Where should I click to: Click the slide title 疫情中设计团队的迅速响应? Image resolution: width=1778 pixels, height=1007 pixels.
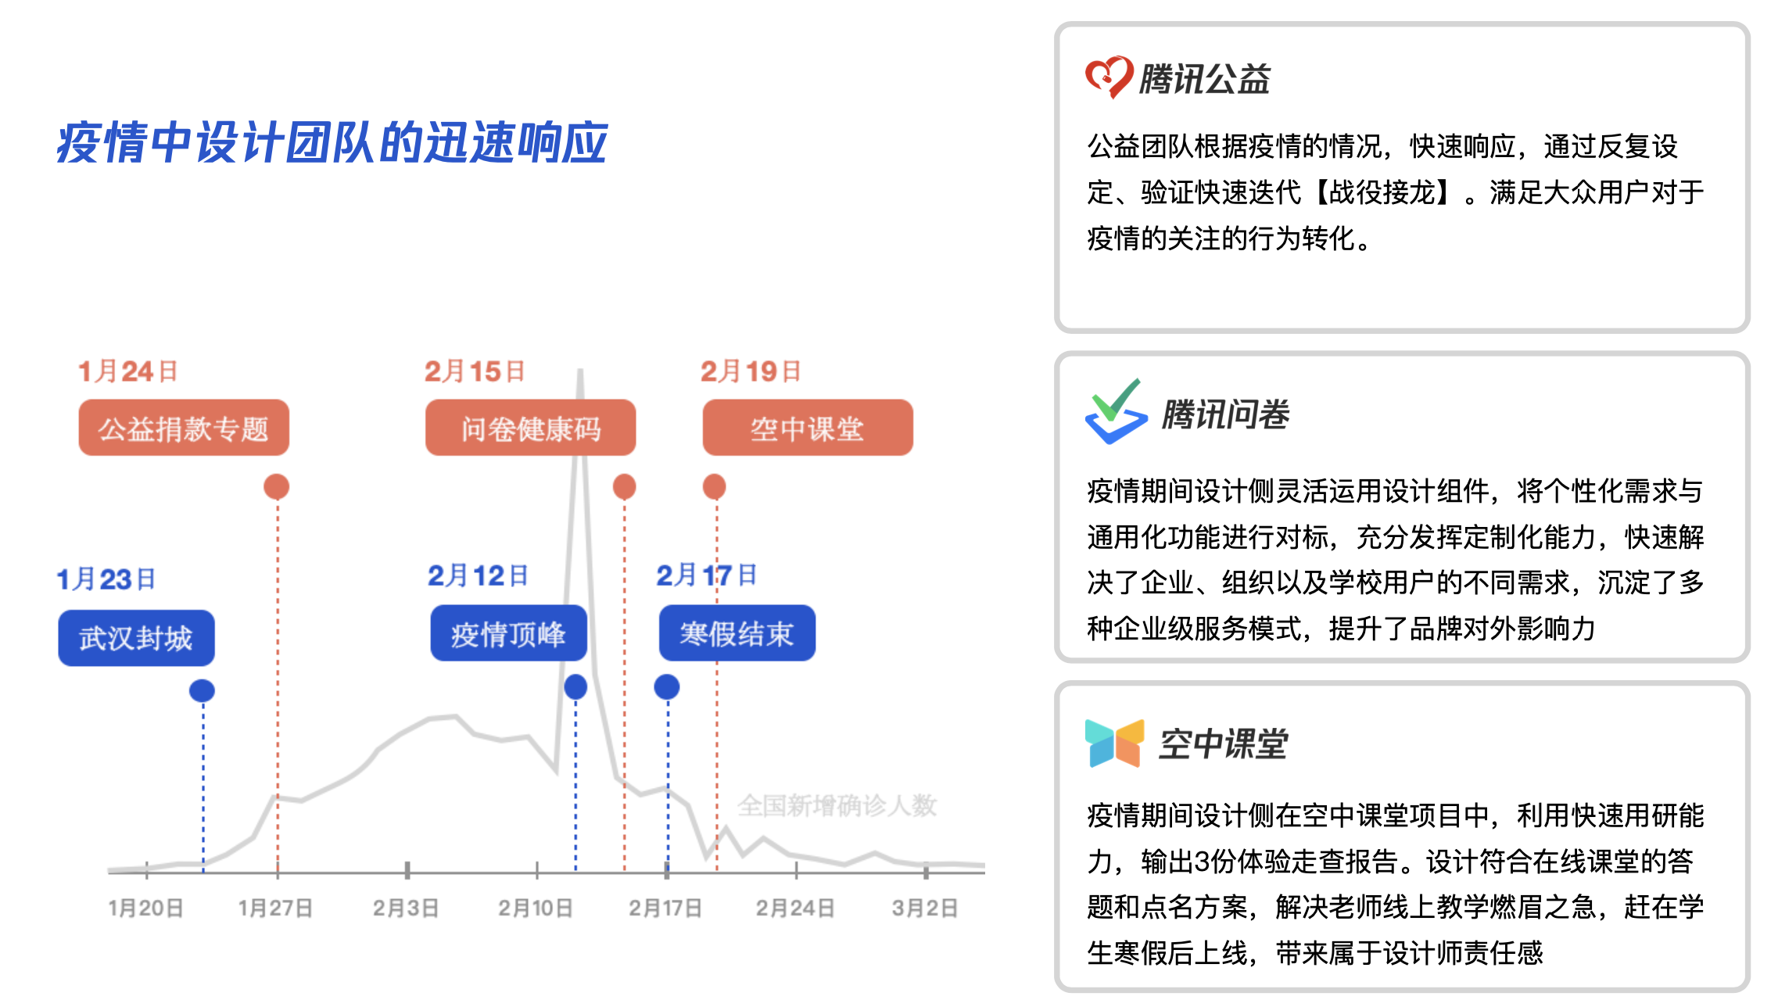(x=332, y=143)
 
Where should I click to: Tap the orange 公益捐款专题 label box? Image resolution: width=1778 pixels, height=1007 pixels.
(x=184, y=428)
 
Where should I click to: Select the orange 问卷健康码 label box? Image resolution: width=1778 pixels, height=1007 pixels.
(x=530, y=428)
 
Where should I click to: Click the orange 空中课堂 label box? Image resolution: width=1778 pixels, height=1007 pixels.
(x=808, y=428)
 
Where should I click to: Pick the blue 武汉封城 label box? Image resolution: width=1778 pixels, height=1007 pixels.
(x=136, y=638)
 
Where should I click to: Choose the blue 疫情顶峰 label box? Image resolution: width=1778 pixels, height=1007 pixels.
(x=508, y=633)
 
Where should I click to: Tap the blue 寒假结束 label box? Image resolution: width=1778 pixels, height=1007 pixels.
(x=737, y=633)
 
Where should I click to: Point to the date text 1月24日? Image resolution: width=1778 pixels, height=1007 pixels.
(x=128, y=371)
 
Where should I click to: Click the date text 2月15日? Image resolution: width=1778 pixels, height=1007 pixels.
(x=475, y=371)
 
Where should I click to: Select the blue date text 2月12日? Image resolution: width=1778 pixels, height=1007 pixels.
(x=478, y=575)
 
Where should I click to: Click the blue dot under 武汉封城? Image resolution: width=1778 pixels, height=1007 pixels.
(x=202, y=690)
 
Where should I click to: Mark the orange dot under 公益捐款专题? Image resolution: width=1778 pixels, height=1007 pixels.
(x=276, y=486)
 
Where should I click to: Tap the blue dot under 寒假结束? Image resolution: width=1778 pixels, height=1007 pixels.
(x=667, y=687)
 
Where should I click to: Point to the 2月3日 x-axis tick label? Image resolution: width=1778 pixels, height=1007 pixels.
(x=406, y=908)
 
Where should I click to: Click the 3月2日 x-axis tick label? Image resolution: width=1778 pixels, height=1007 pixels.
(x=925, y=908)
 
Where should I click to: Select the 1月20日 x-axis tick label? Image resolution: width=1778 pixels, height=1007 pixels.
(x=146, y=908)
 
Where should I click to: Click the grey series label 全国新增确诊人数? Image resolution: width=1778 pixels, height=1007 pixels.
(x=837, y=805)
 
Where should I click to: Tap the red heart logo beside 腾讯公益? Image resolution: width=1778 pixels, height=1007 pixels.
(x=1109, y=77)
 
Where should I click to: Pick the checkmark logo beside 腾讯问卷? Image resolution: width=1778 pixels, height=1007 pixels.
(x=1117, y=412)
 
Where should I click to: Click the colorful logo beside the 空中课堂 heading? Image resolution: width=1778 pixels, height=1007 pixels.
(x=1115, y=743)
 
